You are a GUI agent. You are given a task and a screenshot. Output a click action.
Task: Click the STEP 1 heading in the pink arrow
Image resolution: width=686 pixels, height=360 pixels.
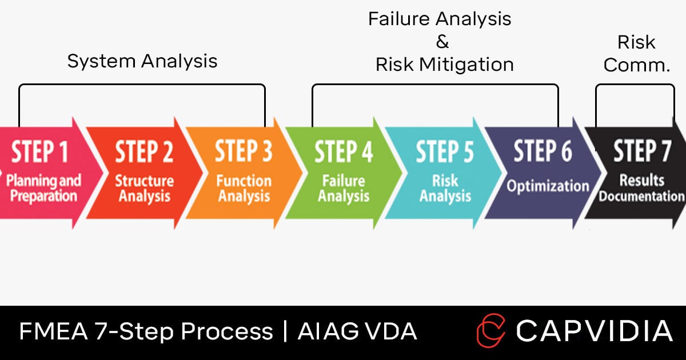point(40,153)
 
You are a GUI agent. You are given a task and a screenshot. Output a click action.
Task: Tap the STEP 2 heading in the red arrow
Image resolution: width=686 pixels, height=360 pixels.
point(144,153)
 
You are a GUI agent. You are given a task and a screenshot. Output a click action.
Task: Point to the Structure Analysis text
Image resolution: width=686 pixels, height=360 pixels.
point(144,189)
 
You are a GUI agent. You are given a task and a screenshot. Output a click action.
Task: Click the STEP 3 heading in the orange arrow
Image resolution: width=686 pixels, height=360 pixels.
point(244,153)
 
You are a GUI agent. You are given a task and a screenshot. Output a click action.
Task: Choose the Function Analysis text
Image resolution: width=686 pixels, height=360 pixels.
point(244,189)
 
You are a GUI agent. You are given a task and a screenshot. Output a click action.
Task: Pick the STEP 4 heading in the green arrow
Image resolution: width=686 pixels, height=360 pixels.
point(344,153)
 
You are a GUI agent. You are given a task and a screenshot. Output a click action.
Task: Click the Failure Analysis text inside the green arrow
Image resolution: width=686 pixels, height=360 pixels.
point(344,189)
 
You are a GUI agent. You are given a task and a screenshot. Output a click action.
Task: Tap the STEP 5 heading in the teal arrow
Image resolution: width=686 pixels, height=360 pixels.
point(444,153)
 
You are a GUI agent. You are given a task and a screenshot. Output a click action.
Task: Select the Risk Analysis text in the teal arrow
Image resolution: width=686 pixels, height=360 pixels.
point(445,189)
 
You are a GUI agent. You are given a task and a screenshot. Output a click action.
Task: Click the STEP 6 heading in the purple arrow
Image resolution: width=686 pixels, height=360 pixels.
point(543,151)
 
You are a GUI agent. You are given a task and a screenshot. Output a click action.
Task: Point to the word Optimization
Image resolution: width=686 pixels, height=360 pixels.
point(548,186)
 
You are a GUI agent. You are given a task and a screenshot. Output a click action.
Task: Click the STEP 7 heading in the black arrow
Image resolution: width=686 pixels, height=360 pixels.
point(642,153)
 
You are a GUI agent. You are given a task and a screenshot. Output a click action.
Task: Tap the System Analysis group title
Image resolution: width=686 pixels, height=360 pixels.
point(142,61)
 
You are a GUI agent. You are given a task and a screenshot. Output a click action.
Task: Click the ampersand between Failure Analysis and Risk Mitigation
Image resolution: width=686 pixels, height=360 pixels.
point(442,42)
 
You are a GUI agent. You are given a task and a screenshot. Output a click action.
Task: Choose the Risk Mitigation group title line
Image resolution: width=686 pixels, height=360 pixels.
point(444,65)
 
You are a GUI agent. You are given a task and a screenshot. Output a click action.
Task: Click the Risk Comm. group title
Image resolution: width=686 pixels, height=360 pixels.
point(636,53)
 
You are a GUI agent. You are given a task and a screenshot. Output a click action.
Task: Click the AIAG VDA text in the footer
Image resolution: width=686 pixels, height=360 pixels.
point(357,331)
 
